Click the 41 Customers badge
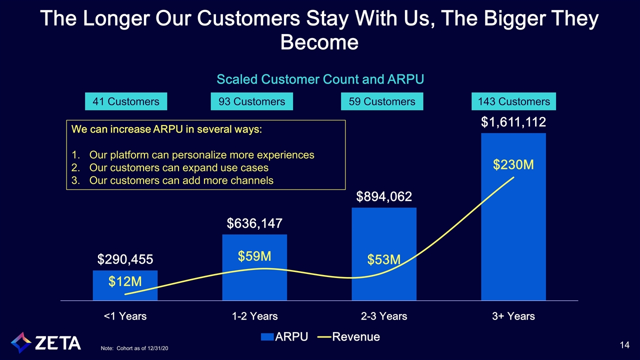tap(126, 101)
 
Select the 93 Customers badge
tap(252, 101)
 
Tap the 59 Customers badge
tap(382, 101)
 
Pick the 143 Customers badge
tap(514, 101)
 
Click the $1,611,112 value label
tap(513, 122)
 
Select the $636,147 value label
tap(254, 223)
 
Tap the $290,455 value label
tap(125, 259)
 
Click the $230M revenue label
tap(513, 165)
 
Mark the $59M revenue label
tap(254, 256)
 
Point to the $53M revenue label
tap(384, 259)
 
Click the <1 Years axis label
tap(125, 316)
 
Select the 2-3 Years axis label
tap(384, 316)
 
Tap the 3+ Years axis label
tap(513, 316)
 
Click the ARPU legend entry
tap(287, 337)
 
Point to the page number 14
tap(623, 344)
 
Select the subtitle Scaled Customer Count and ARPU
tap(320, 79)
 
